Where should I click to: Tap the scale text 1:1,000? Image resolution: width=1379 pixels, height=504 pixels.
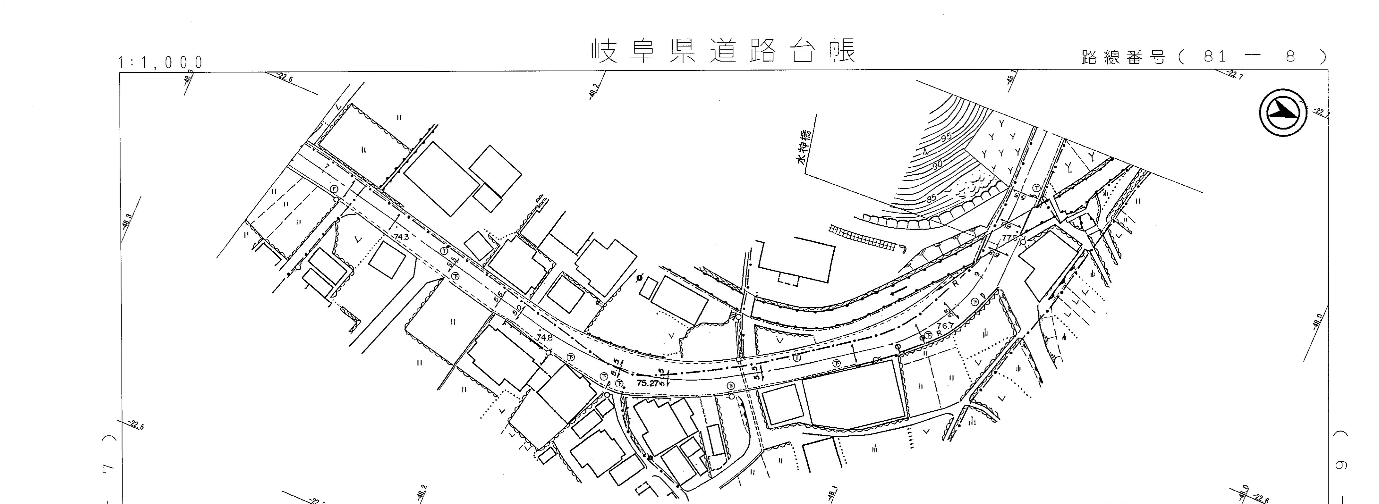tap(161, 63)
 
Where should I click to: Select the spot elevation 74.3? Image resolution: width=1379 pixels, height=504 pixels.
tap(401, 237)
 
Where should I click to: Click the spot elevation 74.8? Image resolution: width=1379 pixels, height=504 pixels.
tap(544, 338)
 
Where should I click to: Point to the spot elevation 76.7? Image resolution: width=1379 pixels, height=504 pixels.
tap(945, 325)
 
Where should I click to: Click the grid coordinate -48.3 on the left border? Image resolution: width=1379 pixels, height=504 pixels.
tap(127, 221)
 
